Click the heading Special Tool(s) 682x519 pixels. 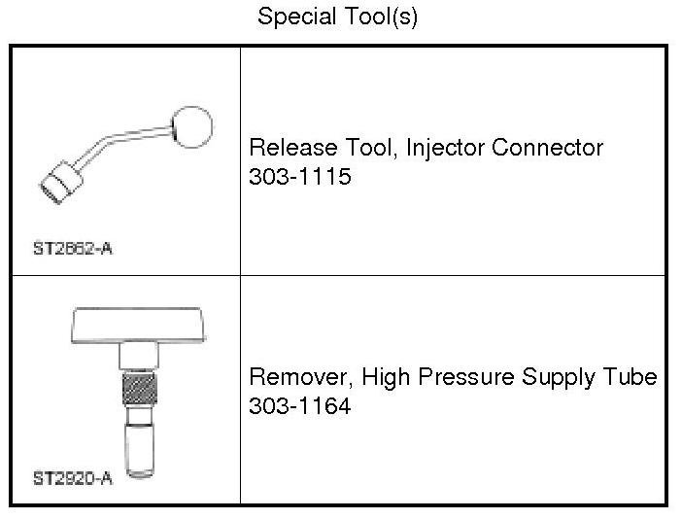click(337, 17)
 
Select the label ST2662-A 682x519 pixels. click(73, 248)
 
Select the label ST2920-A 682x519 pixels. click(73, 477)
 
